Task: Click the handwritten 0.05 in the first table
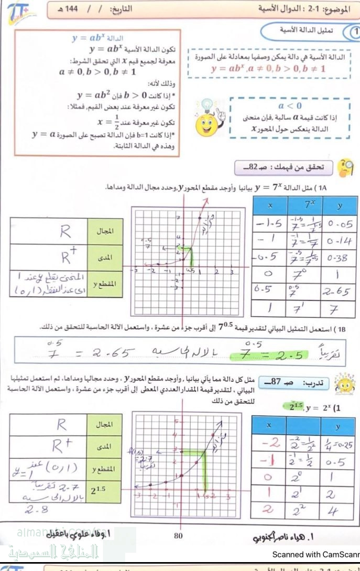[340, 225]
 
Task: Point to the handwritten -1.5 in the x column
[268, 225]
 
